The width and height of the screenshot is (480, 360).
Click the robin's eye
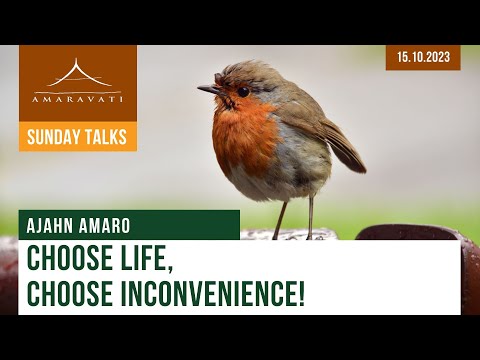coord(243,91)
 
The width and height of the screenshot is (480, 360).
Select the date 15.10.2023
coord(423,57)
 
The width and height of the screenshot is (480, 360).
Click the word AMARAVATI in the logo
coord(78,100)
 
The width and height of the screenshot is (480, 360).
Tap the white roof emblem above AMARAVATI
coord(78,76)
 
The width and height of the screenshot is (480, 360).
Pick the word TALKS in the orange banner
coord(106,137)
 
